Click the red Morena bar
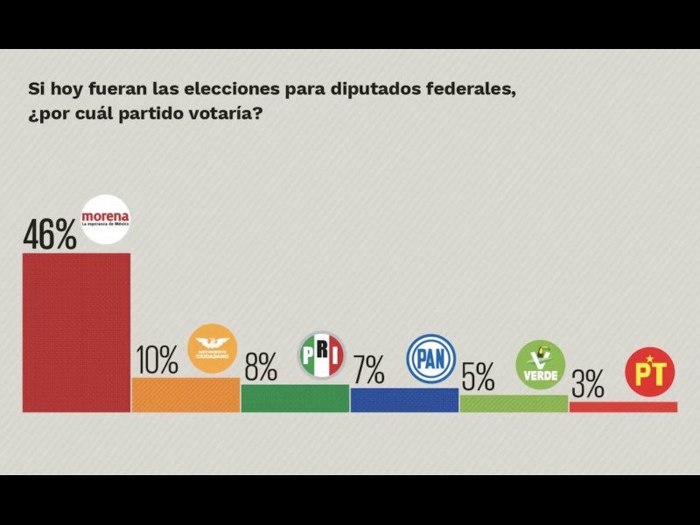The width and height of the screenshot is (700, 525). (76, 332)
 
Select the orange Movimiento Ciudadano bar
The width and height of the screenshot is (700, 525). (185, 395)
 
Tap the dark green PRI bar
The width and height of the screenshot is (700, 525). (295, 398)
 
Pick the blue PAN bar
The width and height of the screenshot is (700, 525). (404, 400)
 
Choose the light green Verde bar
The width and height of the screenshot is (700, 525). (514, 403)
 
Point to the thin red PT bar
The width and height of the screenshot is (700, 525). (623, 407)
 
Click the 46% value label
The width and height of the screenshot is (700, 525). (50, 234)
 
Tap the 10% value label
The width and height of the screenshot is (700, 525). (158, 359)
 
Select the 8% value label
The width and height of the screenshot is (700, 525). (261, 367)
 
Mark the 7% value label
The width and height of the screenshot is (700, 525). (368, 370)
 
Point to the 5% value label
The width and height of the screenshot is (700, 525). (478, 377)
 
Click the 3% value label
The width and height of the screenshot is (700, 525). (587, 384)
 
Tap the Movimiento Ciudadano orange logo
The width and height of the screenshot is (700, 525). (213, 348)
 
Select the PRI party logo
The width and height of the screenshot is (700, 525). (322, 355)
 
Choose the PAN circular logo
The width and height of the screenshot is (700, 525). (431, 358)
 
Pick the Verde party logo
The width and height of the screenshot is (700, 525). (540, 365)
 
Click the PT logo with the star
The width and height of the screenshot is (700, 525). (649, 373)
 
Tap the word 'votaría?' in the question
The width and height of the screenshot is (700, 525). (230, 115)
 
